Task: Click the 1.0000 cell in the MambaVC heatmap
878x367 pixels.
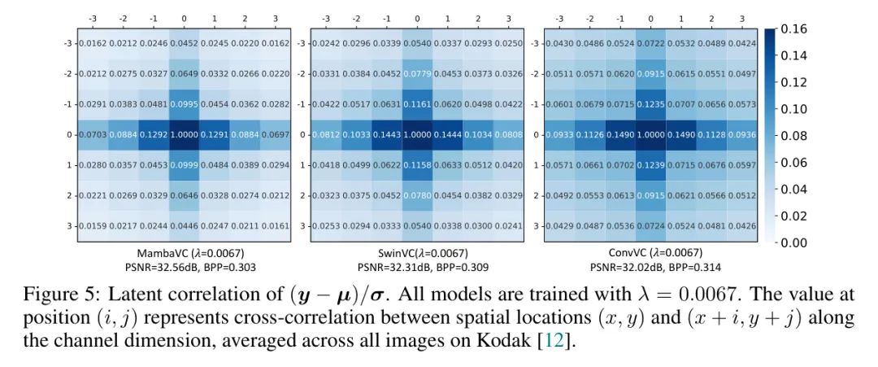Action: click(184, 134)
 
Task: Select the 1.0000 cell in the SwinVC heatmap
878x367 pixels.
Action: click(417, 134)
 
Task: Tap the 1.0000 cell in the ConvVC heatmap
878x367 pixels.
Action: click(650, 134)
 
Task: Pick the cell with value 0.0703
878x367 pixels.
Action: click(93, 134)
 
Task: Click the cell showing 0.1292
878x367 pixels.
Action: click(153, 134)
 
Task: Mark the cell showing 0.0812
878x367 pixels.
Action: click(326, 134)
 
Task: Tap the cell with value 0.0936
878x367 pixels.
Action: click(741, 134)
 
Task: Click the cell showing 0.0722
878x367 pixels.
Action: click(650, 43)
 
